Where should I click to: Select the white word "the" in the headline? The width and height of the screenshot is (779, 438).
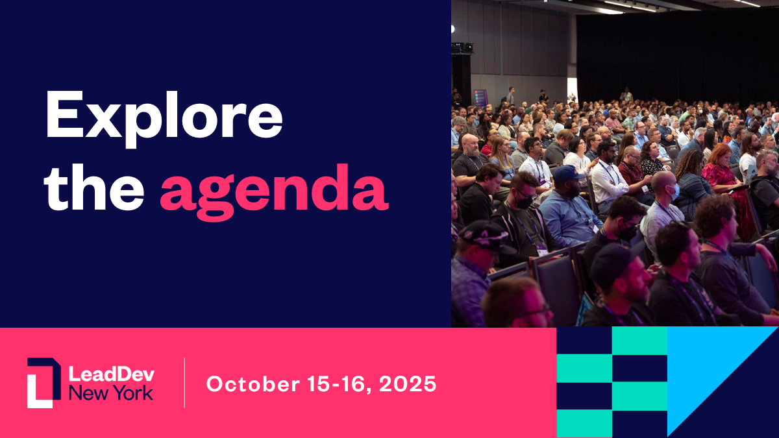94,187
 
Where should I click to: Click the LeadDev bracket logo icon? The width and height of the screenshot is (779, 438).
44,383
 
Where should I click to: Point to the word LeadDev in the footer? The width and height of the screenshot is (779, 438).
112,374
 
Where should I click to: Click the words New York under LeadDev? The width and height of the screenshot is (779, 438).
111,393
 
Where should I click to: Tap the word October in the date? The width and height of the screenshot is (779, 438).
253,384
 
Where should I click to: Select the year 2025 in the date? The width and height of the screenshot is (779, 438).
408,384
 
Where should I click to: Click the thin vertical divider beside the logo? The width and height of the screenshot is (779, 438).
184,383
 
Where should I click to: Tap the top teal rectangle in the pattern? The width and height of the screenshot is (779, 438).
639,341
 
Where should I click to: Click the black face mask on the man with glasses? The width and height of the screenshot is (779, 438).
524,202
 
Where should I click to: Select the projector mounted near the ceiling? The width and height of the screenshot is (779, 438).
462,47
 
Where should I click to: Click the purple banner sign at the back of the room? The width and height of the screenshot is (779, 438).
481,98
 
